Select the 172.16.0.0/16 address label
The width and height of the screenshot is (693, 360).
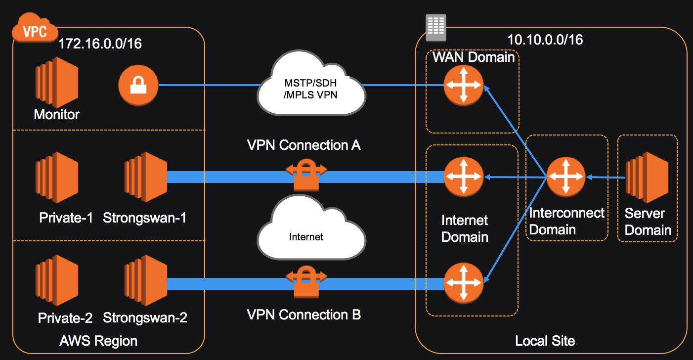tap(100, 44)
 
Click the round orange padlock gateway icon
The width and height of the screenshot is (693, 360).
tap(138, 86)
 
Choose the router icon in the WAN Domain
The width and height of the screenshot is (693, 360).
tap(463, 85)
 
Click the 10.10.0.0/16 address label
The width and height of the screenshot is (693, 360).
tap(545, 40)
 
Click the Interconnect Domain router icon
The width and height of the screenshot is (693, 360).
tap(565, 177)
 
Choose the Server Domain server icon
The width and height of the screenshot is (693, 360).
tap(647, 178)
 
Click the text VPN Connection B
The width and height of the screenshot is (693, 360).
tap(303, 315)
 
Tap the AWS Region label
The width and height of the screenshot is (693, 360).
tap(98, 341)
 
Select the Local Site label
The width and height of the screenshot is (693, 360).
tap(545, 341)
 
